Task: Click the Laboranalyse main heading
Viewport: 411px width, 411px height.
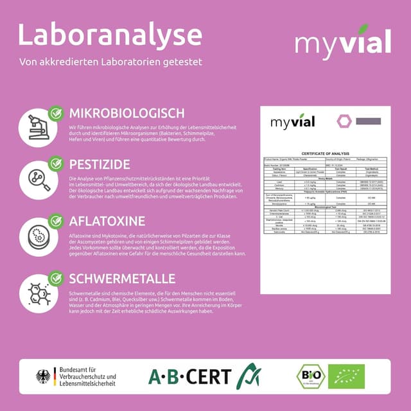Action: (110, 35)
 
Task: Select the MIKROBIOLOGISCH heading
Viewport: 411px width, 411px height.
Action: (127, 113)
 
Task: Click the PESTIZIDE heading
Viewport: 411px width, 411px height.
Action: (100, 164)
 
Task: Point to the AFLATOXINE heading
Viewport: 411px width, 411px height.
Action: (107, 222)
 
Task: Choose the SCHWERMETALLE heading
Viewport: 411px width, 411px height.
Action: (121, 279)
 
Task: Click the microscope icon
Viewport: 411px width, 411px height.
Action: (38, 128)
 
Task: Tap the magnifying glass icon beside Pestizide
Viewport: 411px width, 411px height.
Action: (38, 179)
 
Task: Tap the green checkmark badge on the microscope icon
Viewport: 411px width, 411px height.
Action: (56, 114)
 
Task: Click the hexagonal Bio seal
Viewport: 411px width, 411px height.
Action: (310, 376)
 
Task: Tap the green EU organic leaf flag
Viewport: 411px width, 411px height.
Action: (346, 376)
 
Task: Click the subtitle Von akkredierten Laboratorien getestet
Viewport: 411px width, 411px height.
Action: (110, 62)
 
